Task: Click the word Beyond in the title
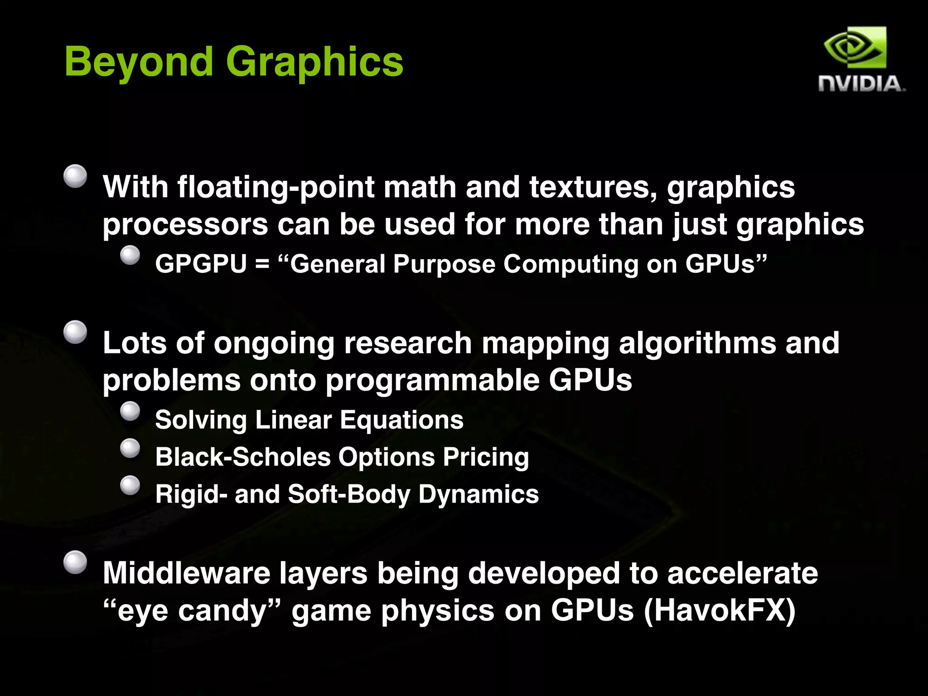(x=139, y=62)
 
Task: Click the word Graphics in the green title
(x=314, y=62)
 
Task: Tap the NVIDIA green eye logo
(x=855, y=48)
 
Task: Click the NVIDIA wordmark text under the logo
(x=860, y=84)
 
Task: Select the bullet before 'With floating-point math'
(x=75, y=176)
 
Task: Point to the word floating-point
(x=275, y=187)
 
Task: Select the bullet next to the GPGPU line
(x=130, y=255)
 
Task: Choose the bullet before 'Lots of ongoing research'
(x=75, y=332)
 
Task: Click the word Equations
(x=401, y=420)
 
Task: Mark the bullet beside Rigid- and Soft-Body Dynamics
(x=130, y=485)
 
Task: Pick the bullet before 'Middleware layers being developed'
(x=75, y=562)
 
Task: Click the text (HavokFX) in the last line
(x=719, y=611)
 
